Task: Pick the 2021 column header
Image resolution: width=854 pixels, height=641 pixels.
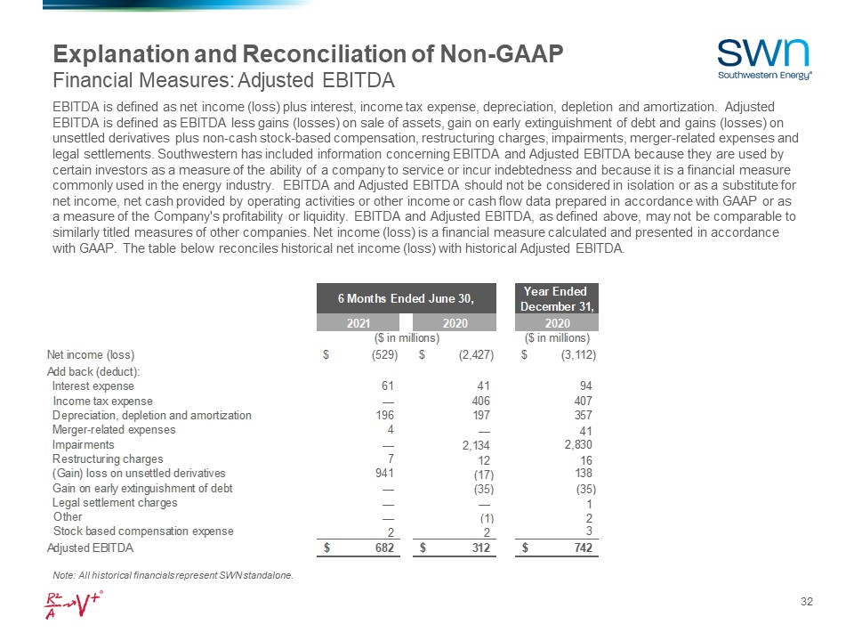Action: pos(359,323)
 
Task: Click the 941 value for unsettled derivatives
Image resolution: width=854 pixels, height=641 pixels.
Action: pos(386,474)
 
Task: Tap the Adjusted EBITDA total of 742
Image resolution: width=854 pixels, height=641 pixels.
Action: pos(582,547)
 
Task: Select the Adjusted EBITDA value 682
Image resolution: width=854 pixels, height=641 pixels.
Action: pos(385,547)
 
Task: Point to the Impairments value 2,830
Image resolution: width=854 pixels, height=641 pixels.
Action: pos(578,444)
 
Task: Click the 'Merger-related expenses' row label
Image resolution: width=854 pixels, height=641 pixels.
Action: pos(114,430)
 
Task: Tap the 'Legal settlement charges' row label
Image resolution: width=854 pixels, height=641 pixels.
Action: pos(115,503)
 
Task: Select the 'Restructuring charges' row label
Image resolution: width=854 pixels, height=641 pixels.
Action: pos(108,459)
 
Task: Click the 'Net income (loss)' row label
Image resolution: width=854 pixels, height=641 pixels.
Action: pos(90,355)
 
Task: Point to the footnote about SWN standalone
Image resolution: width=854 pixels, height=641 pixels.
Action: pos(173,575)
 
